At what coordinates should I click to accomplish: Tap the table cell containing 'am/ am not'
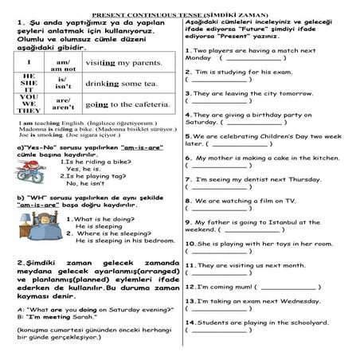tap(64, 65)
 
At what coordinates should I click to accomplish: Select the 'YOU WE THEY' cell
tap(29, 104)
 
